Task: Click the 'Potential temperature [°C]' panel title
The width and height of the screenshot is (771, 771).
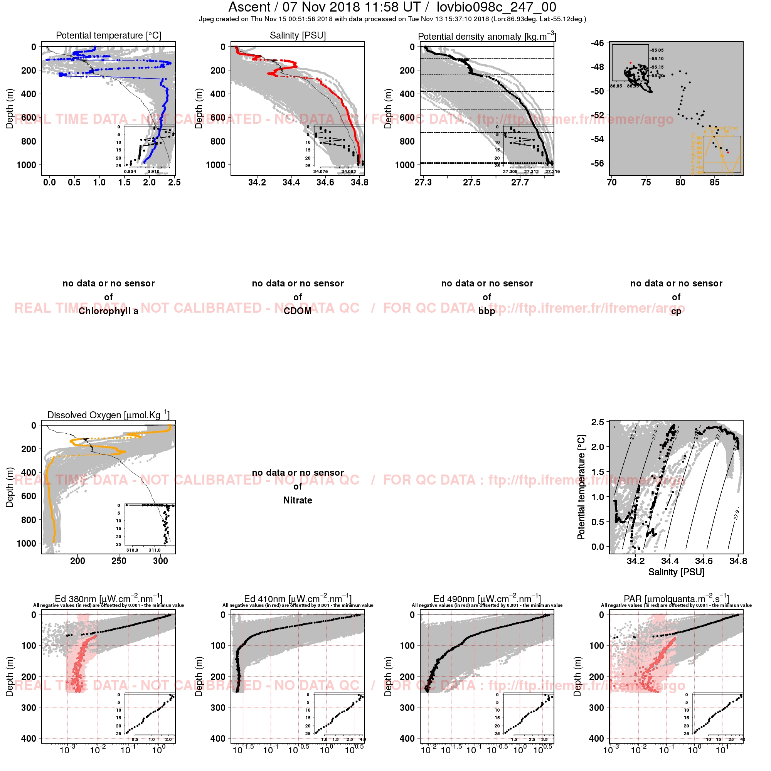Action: pyautogui.click(x=109, y=35)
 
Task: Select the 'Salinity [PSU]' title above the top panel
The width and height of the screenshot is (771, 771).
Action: pyautogui.click(x=298, y=35)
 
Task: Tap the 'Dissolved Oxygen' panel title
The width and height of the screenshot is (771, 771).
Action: pyautogui.click(x=109, y=415)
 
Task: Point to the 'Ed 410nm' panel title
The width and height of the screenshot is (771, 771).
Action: pyautogui.click(x=298, y=599)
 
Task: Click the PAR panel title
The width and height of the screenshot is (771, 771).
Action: pyautogui.click(x=676, y=599)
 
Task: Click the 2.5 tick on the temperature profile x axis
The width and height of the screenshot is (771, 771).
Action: pyautogui.click(x=174, y=182)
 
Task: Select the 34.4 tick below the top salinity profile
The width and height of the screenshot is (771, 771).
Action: pyautogui.click(x=291, y=182)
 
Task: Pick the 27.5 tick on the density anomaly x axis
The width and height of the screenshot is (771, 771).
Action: pyautogui.click(x=472, y=182)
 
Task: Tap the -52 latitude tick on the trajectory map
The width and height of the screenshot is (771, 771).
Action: pyautogui.click(x=598, y=115)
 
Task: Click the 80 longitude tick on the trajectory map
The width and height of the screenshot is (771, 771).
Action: pyautogui.click(x=680, y=182)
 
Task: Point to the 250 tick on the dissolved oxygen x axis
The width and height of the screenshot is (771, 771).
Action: pyautogui.click(x=119, y=561)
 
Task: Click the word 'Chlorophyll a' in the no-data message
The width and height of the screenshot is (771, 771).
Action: pyautogui.click(x=109, y=311)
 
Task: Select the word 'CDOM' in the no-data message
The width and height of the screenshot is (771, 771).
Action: pyautogui.click(x=298, y=311)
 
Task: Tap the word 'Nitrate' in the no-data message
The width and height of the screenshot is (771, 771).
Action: pyautogui.click(x=298, y=500)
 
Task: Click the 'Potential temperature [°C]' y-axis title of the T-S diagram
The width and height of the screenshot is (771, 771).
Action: pyautogui.click(x=581, y=487)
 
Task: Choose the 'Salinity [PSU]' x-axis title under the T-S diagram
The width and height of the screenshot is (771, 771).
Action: pyautogui.click(x=676, y=572)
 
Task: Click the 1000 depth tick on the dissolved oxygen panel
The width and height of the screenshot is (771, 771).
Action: pyautogui.click(x=26, y=544)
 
